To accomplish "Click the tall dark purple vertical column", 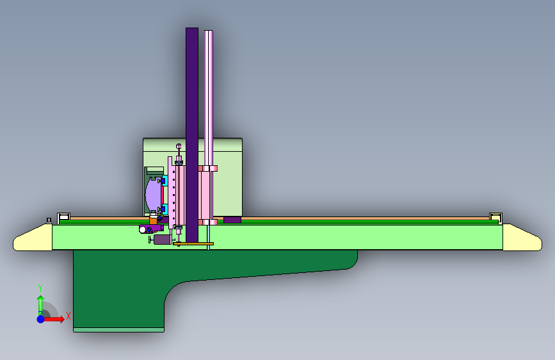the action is (x=192, y=135).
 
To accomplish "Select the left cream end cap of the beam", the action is (x=34, y=238).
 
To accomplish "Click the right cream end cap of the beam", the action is (x=521, y=238).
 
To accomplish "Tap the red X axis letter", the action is (x=68, y=316).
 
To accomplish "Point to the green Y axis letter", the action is (x=40, y=288).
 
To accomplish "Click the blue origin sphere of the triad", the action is (x=41, y=319).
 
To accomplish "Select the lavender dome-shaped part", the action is (x=153, y=194).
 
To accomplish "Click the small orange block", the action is (x=153, y=221).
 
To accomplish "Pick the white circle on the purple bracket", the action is (x=143, y=230).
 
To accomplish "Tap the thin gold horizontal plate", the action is (x=193, y=244).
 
